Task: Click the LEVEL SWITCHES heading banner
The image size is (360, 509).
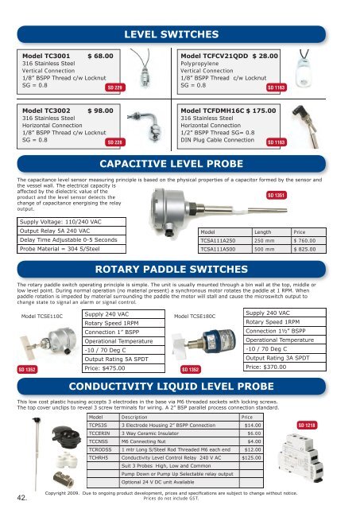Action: pyautogui.click(x=180, y=36)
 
